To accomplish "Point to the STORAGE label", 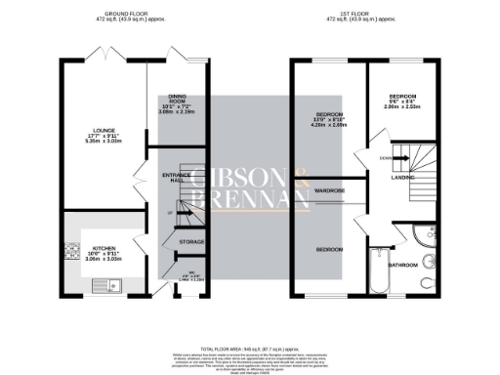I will click(190, 240).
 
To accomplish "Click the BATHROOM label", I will click(403, 265).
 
